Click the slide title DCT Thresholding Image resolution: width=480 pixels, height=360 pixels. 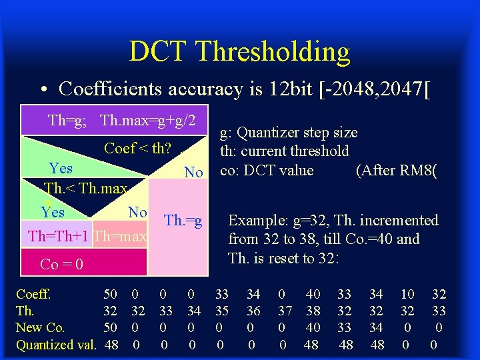[239, 51]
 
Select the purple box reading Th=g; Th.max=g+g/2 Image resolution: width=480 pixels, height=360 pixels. [121, 121]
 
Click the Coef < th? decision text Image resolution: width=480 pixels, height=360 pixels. [137, 148]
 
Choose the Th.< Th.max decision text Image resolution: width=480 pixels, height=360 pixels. [85, 189]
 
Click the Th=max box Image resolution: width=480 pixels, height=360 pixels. [120, 237]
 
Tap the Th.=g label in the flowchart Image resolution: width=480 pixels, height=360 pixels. [183, 221]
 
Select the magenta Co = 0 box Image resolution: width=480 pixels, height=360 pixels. [83, 263]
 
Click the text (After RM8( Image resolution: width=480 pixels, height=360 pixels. [397, 171]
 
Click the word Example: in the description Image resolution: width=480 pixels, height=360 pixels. [256, 221]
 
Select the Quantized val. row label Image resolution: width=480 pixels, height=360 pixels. [56, 345]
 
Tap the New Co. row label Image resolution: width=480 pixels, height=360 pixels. [40, 327]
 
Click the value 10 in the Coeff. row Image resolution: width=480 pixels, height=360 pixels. [407, 294]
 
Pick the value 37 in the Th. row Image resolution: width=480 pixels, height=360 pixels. [285, 311]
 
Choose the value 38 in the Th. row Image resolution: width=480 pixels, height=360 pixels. [313, 311]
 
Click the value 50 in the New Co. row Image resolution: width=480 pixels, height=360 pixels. [111, 327]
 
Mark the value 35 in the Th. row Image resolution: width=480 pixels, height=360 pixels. [222, 311]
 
